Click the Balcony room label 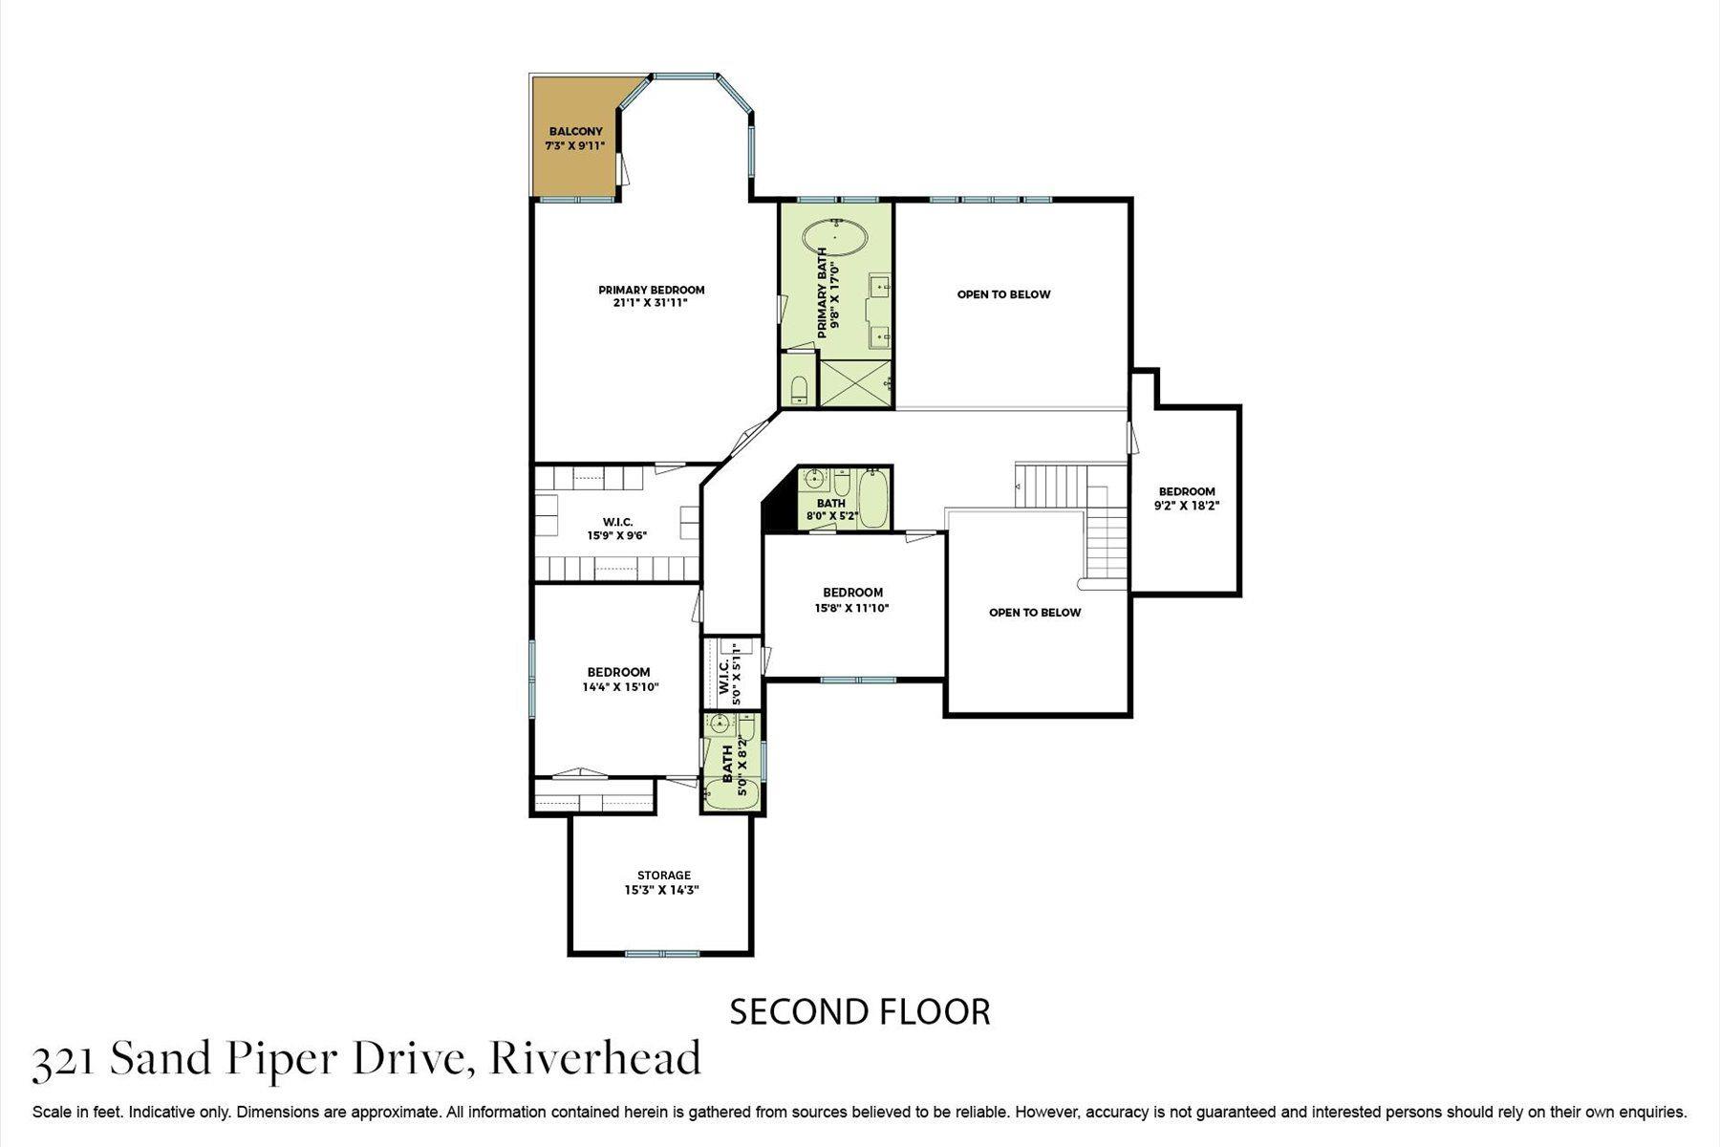click(575, 132)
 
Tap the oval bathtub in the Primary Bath click(835, 235)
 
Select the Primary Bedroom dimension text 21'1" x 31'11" click(651, 303)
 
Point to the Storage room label click(664, 876)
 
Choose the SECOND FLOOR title click(860, 1011)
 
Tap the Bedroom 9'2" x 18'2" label click(1187, 499)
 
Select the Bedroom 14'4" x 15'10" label click(619, 680)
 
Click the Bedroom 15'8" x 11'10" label click(852, 600)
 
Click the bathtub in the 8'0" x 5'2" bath click(873, 497)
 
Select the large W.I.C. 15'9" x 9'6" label click(618, 529)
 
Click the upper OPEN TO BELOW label click(1003, 294)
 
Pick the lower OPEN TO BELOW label click(1035, 613)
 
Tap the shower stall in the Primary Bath click(856, 382)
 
